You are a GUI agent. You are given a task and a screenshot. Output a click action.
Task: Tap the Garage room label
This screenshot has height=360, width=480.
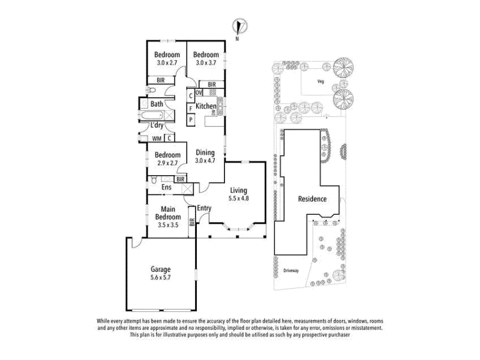(160, 269)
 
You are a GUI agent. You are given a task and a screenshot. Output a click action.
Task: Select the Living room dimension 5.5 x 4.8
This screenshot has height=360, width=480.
(238, 199)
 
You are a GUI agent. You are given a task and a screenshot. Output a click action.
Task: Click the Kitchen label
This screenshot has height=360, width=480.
(206, 106)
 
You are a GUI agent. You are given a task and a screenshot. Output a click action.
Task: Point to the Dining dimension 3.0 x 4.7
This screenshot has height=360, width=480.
(205, 161)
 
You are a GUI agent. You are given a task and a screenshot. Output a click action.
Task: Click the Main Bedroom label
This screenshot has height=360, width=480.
(168, 213)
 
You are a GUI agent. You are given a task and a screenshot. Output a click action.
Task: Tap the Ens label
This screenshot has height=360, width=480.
(167, 187)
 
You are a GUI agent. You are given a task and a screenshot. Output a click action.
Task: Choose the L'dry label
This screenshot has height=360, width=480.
(157, 125)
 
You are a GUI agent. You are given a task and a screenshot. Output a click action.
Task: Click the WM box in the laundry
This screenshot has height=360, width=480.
(157, 139)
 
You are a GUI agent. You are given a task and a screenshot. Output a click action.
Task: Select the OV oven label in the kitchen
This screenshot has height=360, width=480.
(199, 92)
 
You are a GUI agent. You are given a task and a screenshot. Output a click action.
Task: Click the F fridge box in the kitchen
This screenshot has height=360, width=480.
(191, 109)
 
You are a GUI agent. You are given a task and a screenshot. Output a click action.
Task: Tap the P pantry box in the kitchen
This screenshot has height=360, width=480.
(191, 119)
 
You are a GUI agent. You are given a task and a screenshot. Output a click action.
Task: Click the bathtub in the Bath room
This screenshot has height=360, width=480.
(152, 116)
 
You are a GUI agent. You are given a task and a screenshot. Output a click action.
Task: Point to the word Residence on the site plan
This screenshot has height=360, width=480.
(312, 199)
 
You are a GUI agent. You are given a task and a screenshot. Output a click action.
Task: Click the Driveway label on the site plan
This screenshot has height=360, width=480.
(291, 271)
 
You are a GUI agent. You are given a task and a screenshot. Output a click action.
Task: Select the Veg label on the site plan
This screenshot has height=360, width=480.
(320, 82)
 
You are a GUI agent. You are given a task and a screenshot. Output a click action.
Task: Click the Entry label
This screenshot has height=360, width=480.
(204, 208)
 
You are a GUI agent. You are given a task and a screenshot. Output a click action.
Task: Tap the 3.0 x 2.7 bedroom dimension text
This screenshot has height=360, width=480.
(167, 63)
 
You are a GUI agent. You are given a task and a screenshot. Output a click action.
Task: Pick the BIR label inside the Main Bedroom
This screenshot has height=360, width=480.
(192, 222)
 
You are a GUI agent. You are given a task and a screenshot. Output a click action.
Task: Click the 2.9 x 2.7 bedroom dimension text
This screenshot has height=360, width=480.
(167, 163)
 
